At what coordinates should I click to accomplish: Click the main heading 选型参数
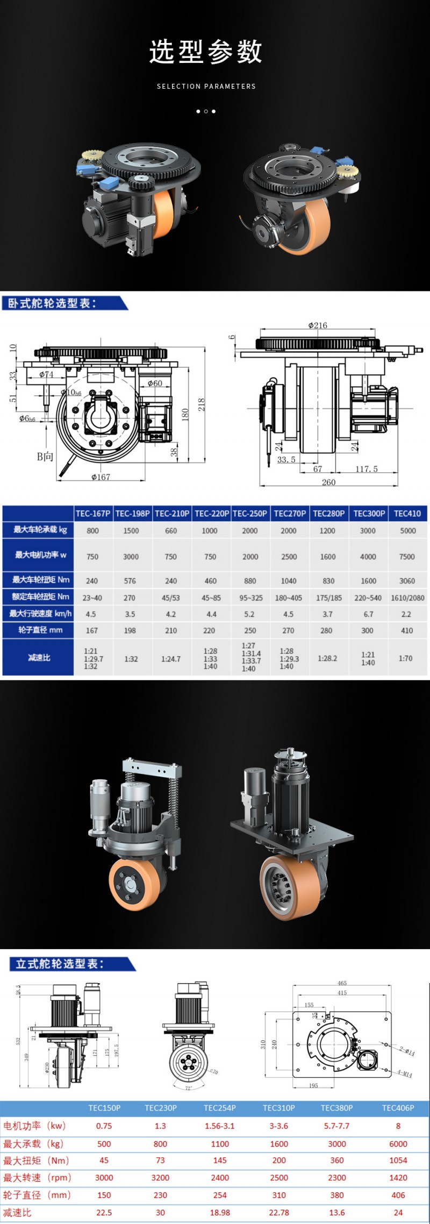point(206,52)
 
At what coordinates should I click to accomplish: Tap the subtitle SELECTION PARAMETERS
point(206,86)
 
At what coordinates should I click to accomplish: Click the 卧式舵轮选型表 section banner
point(54,303)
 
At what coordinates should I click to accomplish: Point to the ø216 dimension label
point(317,325)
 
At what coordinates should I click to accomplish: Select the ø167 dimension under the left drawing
point(101,476)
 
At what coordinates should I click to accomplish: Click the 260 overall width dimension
point(328,482)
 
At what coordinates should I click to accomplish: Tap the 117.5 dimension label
point(366,469)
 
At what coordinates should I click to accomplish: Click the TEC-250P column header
point(250,513)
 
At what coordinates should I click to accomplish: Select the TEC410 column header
point(407,513)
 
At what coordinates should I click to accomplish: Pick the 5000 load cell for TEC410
point(407,530)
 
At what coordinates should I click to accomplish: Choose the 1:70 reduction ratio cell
point(406,658)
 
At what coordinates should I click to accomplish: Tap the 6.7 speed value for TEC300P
point(368,614)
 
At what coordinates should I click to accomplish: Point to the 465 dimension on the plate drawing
point(342,983)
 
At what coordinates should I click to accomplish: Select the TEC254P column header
point(219,1108)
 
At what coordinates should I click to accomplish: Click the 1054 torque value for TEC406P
point(398,1160)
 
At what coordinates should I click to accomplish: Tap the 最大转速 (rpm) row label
point(37,1177)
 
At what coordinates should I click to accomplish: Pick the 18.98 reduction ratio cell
point(219,1212)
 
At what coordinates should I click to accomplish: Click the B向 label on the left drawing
point(45,456)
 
